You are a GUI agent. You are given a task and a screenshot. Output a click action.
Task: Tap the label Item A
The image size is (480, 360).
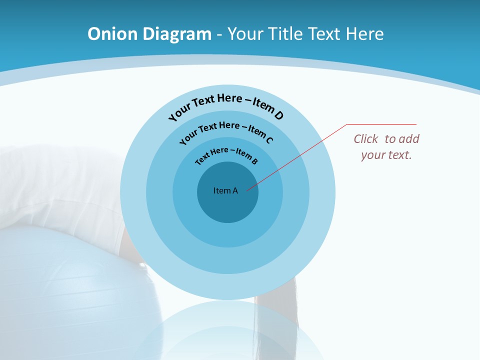225,190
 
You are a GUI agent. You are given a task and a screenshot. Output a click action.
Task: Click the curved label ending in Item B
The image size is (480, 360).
226,154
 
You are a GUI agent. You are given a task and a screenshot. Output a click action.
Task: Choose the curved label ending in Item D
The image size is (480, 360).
226,104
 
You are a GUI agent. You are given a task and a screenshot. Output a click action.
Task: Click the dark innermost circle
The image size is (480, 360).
227,207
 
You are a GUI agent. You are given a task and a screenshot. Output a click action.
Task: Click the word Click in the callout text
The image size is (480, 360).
366,139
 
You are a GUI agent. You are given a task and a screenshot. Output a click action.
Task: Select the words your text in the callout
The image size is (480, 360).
386,155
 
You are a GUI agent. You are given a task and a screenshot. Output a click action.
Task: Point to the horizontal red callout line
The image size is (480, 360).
382,124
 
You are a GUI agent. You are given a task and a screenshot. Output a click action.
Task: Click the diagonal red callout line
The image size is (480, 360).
300,155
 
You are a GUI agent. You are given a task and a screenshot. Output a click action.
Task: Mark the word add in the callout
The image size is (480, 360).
409,139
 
